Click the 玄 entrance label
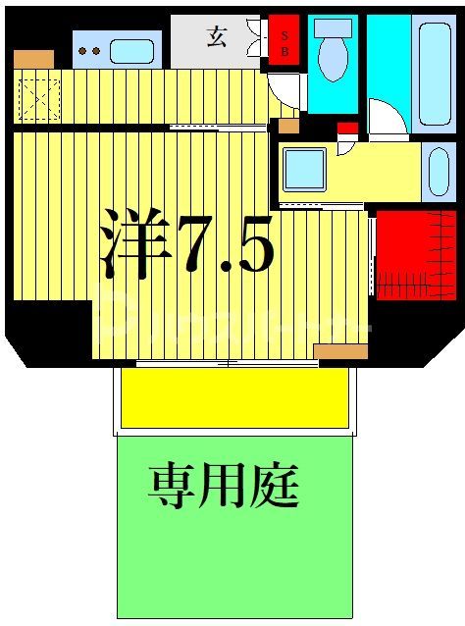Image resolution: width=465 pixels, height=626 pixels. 216,38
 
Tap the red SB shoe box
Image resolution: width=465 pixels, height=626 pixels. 284,38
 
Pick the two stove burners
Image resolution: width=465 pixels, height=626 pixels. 88,50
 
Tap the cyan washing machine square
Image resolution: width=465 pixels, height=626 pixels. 304,169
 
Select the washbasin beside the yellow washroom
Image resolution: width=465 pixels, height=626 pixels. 437,173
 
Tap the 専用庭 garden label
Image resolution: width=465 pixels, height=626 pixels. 224,486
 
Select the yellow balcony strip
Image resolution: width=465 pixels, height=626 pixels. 234,397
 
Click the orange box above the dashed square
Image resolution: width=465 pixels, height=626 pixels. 33,59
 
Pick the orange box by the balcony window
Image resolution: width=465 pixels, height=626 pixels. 339,351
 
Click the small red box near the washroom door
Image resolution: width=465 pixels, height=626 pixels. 347,130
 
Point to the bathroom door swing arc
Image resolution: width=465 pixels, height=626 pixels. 386,118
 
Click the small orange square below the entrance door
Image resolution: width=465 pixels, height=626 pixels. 287,126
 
